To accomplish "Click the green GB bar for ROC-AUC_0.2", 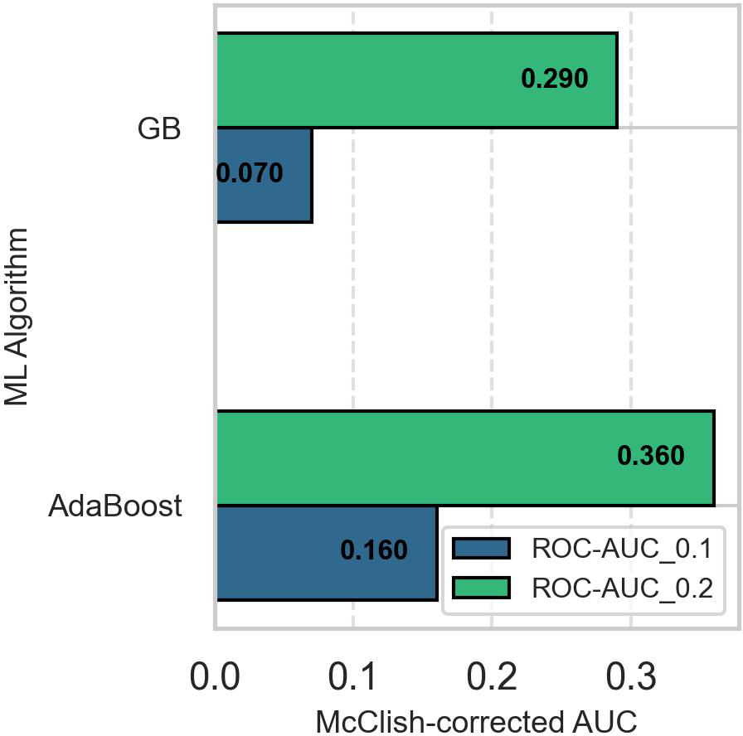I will (373, 80).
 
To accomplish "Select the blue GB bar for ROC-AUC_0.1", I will (264, 175).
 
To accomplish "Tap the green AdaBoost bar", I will (415, 458).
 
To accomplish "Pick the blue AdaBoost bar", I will (282, 552).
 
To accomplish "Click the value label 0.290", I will (554, 80).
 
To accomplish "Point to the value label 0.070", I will (250, 174).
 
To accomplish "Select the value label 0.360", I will (651, 457).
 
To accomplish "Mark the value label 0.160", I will (374, 551).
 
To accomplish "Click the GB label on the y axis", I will (159, 129).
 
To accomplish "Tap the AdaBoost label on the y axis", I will (115, 506).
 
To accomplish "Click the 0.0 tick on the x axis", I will (216, 678).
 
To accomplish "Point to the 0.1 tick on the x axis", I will (354, 678).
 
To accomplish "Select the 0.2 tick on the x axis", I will (493, 678).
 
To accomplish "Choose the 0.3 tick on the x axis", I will (631, 678).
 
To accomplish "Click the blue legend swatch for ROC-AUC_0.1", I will (481, 549).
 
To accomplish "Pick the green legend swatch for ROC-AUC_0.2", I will (481, 588).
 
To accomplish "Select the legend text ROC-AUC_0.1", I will (622, 549).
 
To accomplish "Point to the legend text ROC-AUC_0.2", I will (622, 588).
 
